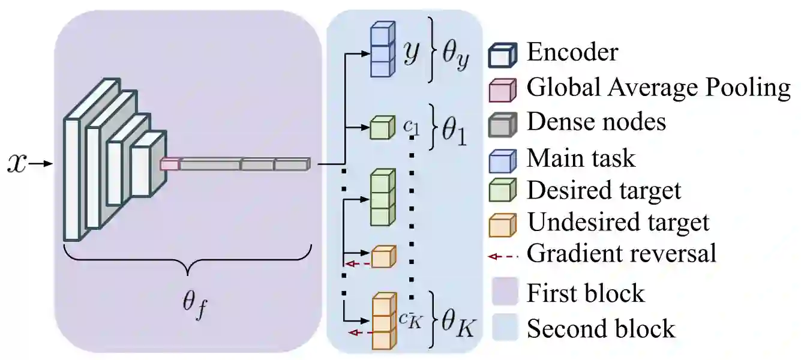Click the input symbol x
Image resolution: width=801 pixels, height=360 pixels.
coord(18,163)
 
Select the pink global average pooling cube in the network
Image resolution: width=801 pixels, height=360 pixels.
coord(170,163)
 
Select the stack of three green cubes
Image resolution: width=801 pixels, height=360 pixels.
coord(382,198)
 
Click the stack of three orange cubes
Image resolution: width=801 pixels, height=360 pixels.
coord(384,321)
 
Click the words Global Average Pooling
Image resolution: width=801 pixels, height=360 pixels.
coord(658,88)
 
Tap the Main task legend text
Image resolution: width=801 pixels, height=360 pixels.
coord(580,158)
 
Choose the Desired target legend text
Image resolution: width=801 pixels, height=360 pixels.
coord(604,191)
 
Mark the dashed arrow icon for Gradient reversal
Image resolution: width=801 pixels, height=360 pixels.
coord(503,256)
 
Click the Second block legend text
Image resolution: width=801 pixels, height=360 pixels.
coord(601,329)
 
